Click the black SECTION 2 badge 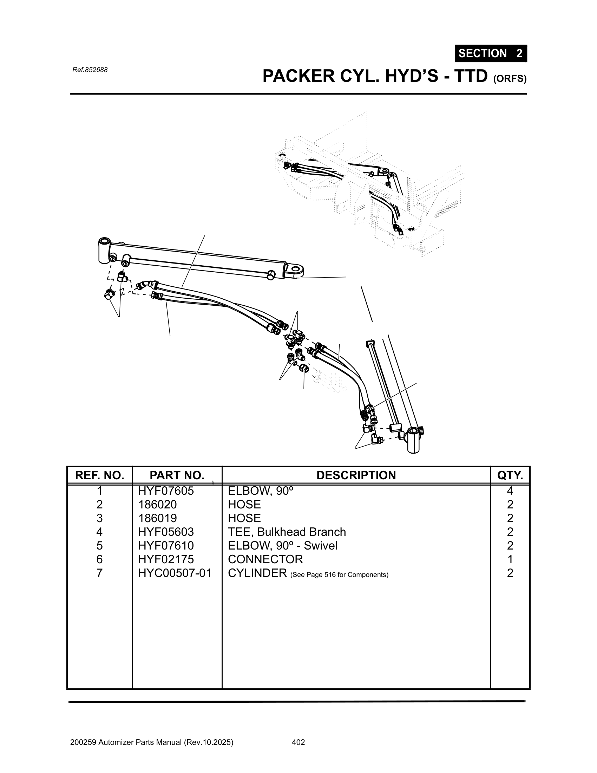tap(491, 53)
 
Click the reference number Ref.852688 tap(90, 70)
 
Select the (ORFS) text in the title tap(510, 79)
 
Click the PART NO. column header tap(177, 475)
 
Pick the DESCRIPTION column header tap(356, 475)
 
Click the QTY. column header tap(510, 475)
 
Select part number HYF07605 tap(166, 491)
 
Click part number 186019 tap(157, 518)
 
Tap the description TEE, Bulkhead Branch tap(287, 532)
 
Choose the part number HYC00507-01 tap(175, 573)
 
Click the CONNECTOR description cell tap(265, 559)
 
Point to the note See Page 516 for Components tap(339, 574)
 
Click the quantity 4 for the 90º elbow tap(510, 491)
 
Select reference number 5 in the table tap(99, 545)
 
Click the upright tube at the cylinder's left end tap(104, 250)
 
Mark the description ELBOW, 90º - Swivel tap(282, 545)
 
